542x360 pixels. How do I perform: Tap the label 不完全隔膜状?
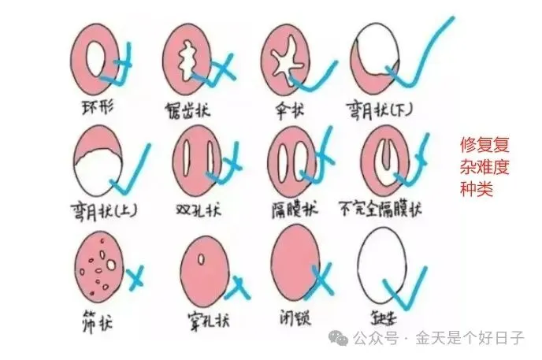click(x=380, y=210)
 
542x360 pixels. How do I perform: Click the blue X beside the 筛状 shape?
click(x=135, y=276)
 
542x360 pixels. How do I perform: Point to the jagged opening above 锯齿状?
click(x=189, y=57)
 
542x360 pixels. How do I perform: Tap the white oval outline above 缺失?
click(x=382, y=264)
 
